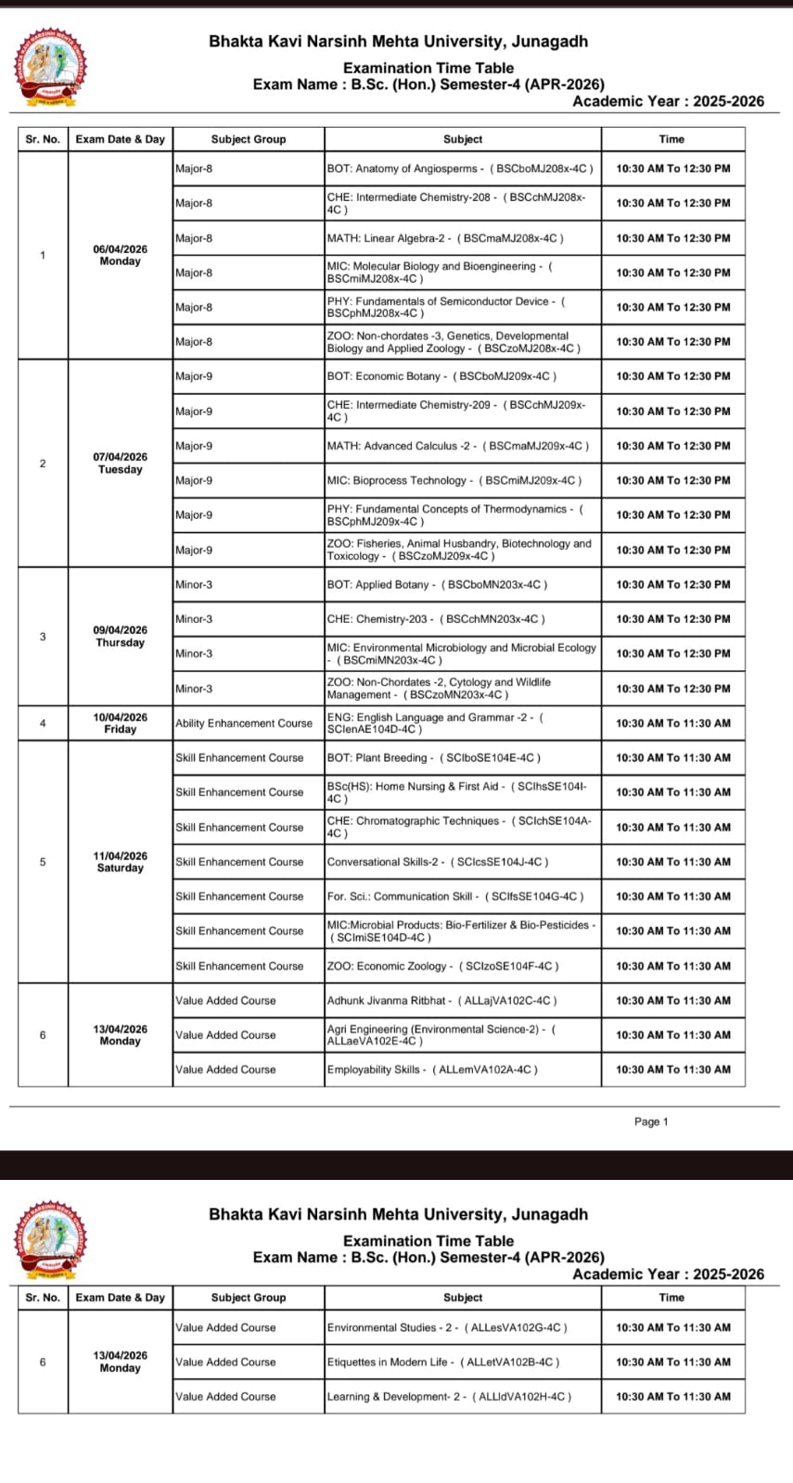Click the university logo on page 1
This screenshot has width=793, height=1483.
pyautogui.click(x=51, y=67)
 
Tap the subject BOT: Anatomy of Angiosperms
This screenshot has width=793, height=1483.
pyautogui.click(x=459, y=169)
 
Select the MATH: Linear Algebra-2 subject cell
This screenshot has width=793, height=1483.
pyautogui.click(x=444, y=238)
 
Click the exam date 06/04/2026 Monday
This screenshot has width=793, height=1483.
pyautogui.click(x=120, y=255)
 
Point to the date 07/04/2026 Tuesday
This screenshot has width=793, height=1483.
pyautogui.click(x=120, y=463)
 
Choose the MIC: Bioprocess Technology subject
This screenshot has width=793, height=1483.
pyautogui.click(x=454, y=480)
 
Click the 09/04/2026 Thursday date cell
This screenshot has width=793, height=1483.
pyautogui.click(x=120, y=637)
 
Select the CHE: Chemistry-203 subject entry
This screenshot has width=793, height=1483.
pyautogui.click(x=436, y=619)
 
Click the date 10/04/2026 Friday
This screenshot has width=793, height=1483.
pyautogui.click(x=120, y=723)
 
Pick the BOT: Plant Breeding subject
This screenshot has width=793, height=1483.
pyautogui.click(x=433, y=757)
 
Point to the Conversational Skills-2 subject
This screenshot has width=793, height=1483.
pyautogui.click(x=437, y=862)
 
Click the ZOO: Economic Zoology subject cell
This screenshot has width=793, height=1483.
pyautogui.click(x=442, y=966)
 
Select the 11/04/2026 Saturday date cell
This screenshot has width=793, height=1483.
pyautogui.click(x=120, y=862)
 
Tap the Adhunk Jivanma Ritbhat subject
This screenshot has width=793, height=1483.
pyautogui.click(x=441, y=1000)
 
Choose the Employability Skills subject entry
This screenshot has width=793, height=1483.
pyautogui.click(x=432, y=1070)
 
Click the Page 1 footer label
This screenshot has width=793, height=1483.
pyautogui.click(x=651, y=1122)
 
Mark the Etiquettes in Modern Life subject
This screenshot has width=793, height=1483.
pyautogui.click(x=442, y=1362)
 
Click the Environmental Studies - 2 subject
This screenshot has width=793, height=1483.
pyautogui.click(x=447, y=1327)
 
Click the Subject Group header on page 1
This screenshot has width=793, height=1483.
pyautogui.click(x=249, y=139)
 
